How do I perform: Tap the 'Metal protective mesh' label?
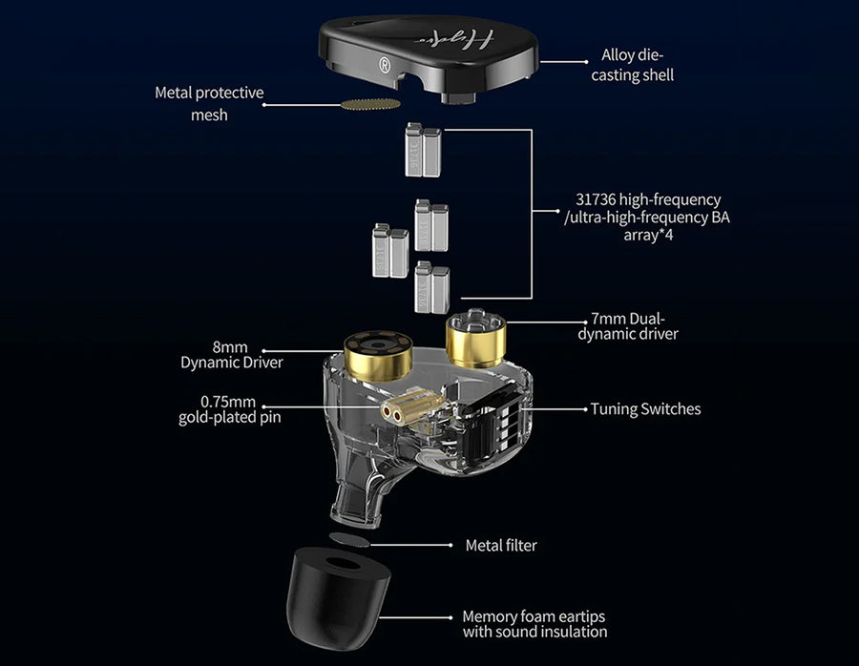point(209,104)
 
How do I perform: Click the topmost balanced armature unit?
point(421,151)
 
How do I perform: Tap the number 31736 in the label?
point(596,199)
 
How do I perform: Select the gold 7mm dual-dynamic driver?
point(474,341)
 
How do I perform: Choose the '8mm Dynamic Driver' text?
point(231,354)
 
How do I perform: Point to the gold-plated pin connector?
point(403,410)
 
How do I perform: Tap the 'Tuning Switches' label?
point(645,408)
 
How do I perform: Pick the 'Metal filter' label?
point(500,545)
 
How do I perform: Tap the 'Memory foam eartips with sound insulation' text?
point(534,624)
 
